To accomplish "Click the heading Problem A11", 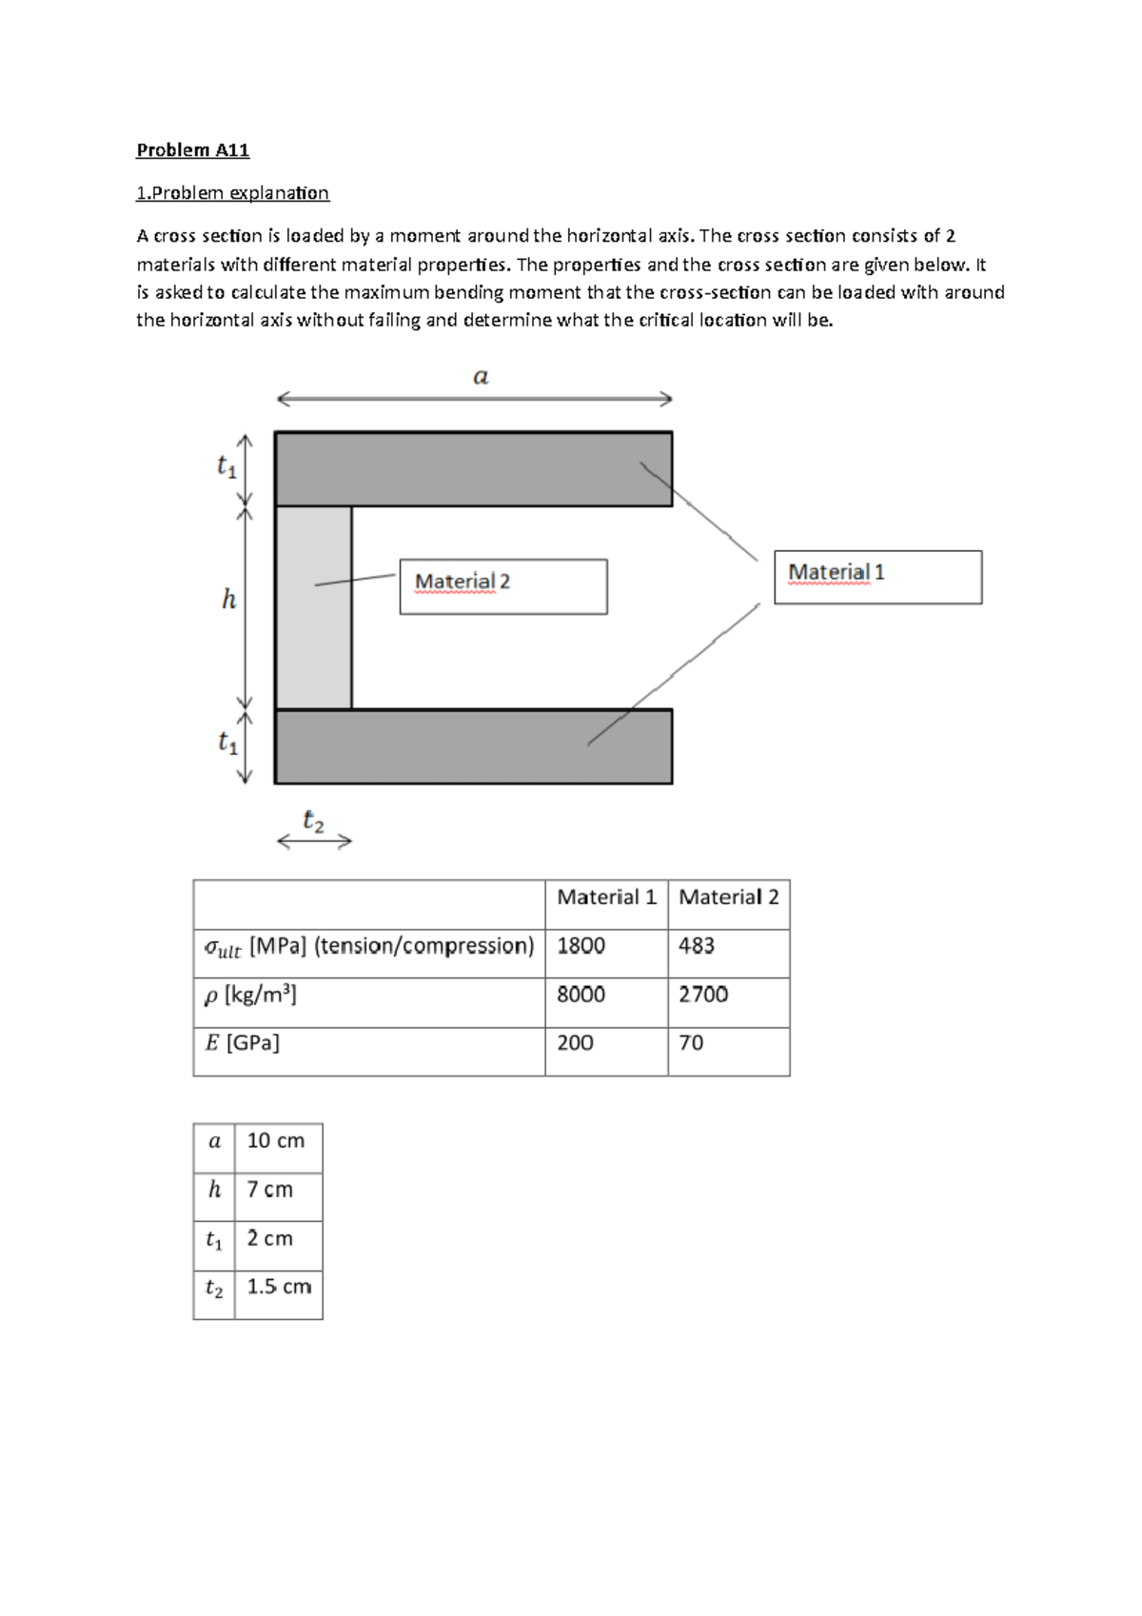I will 192,149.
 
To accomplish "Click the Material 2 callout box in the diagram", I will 502,586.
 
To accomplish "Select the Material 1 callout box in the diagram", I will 877,577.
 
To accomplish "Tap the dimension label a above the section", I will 481,377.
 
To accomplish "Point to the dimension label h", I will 228,600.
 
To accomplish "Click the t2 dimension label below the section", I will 313,820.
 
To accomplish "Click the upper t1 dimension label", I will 226,466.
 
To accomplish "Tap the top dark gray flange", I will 473,468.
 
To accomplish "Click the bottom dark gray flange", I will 473,746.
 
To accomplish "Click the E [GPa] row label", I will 243,1043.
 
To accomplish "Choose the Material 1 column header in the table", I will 606,897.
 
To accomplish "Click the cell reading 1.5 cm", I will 279,1288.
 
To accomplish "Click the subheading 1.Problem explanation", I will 232,193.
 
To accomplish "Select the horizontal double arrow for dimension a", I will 473,400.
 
